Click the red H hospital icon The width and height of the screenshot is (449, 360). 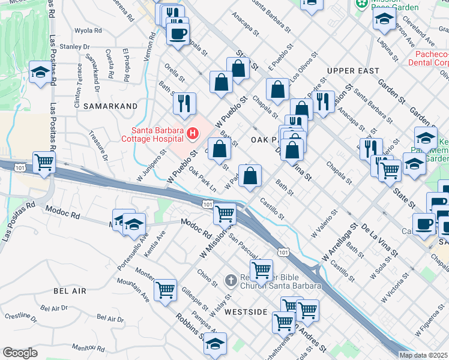pos(193,133)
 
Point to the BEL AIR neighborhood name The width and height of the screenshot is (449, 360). pos(70,291)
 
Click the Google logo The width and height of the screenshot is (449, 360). pos(20,352)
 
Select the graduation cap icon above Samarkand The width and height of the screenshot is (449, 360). pos(40,73)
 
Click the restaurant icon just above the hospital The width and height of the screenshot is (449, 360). pos(184,103)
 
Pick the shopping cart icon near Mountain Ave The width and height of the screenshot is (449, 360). pos(165,290)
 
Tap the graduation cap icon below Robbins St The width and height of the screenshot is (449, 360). pos(215,343)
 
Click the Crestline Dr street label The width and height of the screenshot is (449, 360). pos(17,316)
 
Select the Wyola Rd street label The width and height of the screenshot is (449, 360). pos(89,31)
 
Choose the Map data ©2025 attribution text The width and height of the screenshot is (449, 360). pos(423,355)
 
